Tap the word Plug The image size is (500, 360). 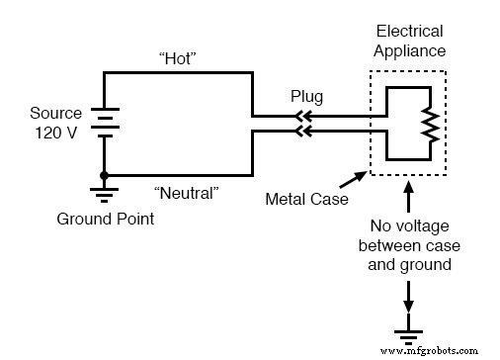[304, 100]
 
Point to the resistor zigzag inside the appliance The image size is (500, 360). [428, 123]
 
